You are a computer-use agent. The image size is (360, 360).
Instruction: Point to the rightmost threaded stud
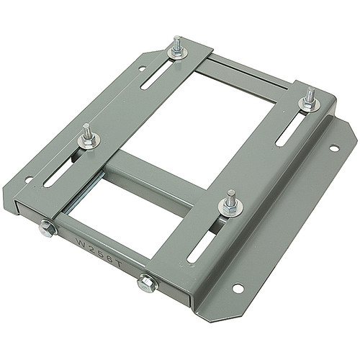309,100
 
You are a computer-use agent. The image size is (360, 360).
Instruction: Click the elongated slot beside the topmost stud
158,73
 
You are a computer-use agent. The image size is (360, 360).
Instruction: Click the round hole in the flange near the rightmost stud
334,148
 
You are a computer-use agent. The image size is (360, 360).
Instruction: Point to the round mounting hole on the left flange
29,179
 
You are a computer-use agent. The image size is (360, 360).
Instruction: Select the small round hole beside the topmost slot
142,69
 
